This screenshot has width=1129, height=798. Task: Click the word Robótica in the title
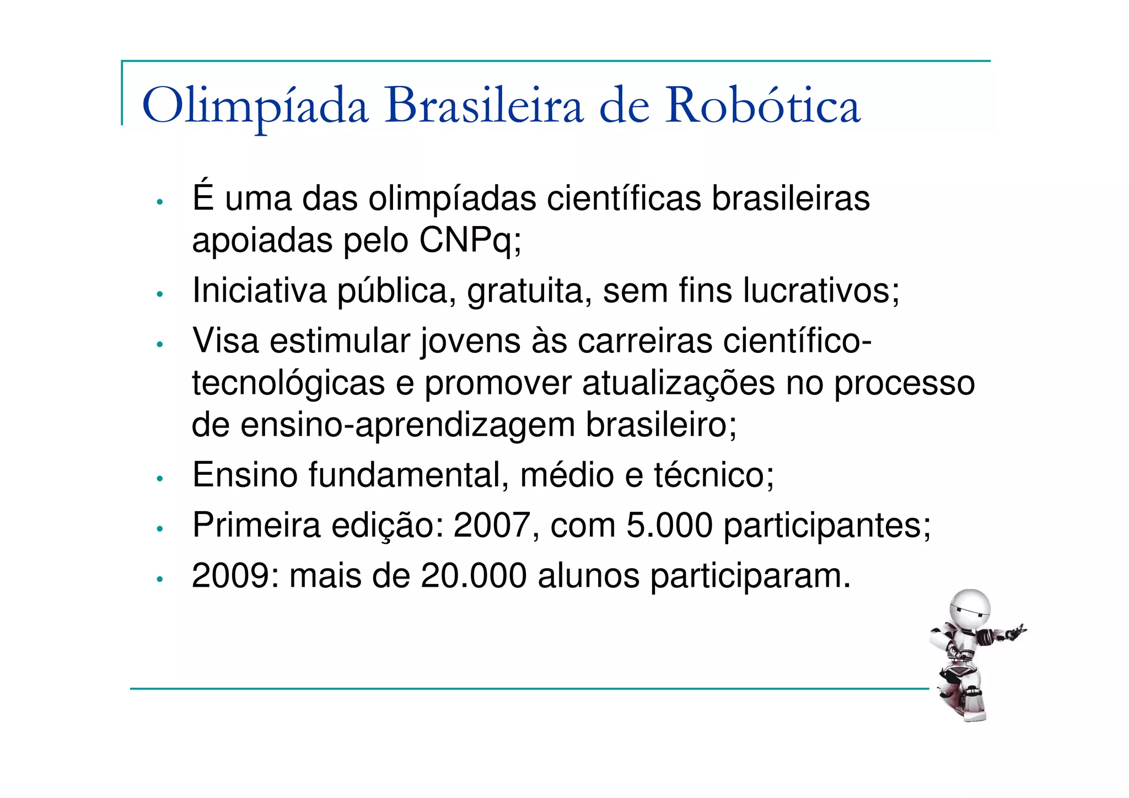(x=762, y=105)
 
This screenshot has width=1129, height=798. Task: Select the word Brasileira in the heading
(x=483, y=105)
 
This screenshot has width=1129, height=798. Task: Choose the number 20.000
(x=474, y=576)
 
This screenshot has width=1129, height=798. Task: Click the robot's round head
(x=970, y=610)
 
